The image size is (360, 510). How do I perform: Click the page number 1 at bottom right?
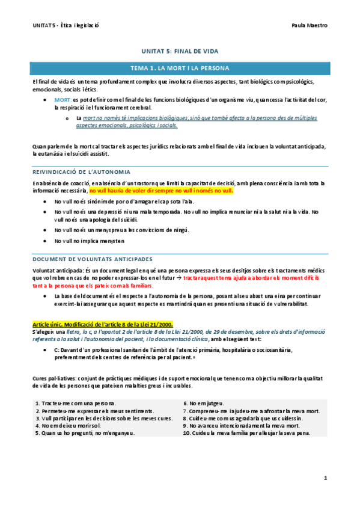pyautogui.click(x=325, y=478)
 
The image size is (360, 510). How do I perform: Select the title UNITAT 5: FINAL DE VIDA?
pyautogui.click(x=180, y=52)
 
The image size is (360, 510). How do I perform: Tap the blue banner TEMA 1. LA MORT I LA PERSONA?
pyautogui.click(x=180, y=68)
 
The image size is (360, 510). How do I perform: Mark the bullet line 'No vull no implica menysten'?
pyautogui.click(x=89, y=241)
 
